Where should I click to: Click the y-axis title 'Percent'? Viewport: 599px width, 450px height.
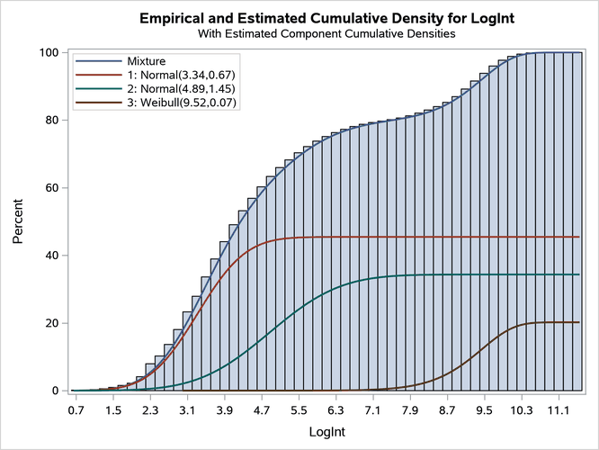coord(18,221)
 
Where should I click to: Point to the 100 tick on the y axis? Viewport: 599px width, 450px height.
coord(49,52)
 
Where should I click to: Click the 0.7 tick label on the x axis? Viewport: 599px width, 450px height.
coord(76,410)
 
